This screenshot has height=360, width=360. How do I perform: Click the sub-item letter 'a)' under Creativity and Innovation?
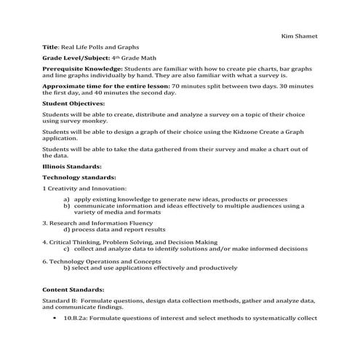pyautogui.click(x=67, y=199)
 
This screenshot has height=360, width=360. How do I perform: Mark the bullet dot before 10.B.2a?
pyautogui.click(x=56, y=318)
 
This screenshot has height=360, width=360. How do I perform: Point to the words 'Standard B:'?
pyautogui.click(x=60, y=300)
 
